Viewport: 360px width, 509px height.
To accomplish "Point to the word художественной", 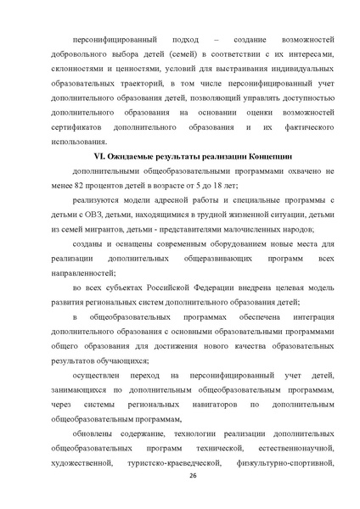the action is tap(82, 463).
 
